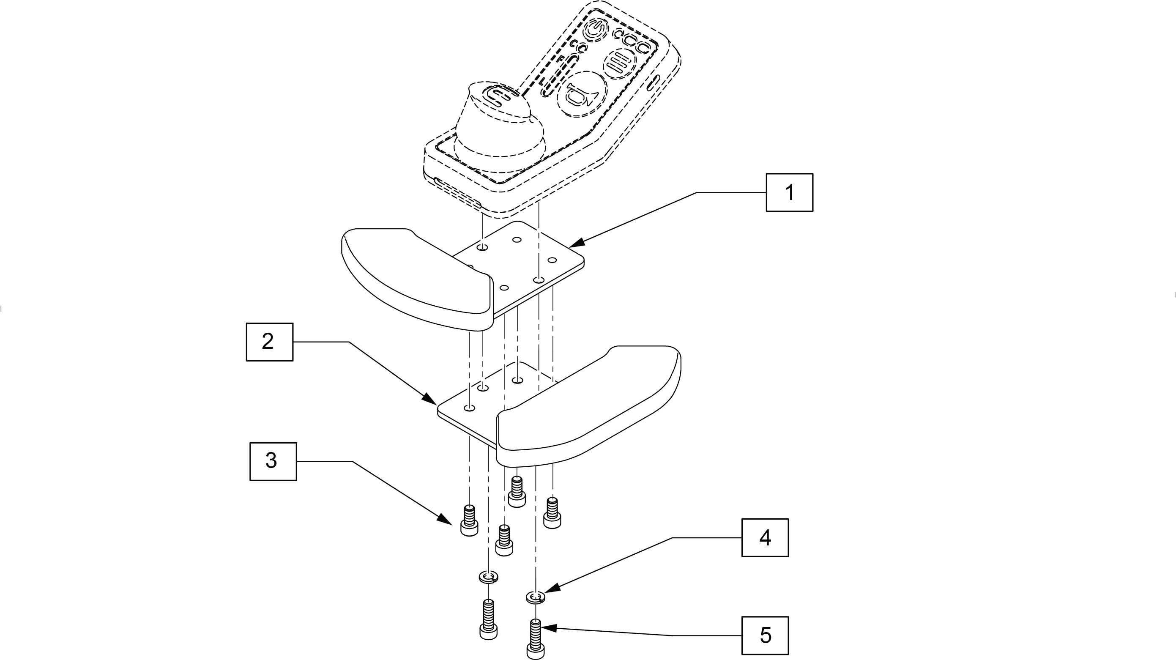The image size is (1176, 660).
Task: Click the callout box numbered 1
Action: pyautogui.click(x=789, y=192)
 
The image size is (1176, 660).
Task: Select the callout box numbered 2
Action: pyautogui.click(x=269, y=342)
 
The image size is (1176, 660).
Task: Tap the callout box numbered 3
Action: pyautogui.click(x=273, y=461)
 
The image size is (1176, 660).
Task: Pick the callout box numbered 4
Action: pyautogui.click(x=765, y=537)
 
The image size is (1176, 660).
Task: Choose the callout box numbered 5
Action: pyautogui.click(x=765, y=635)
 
